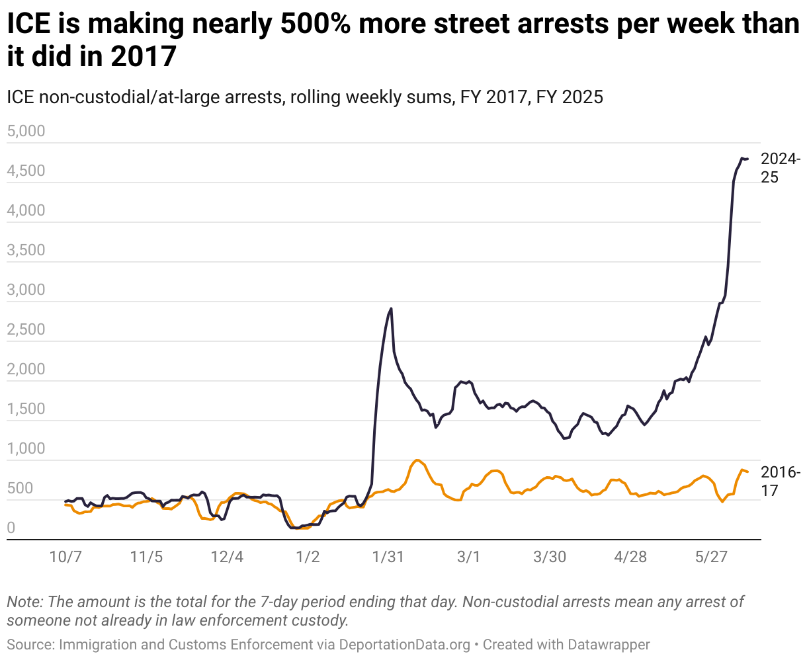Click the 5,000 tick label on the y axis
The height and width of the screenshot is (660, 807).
pos(26,131)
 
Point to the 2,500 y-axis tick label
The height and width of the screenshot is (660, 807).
pos(26,329)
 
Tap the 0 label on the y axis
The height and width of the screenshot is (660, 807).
pos(11,528)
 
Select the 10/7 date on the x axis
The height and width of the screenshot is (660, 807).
pos(65,557)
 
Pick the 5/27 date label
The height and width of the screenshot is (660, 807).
pos(710,557)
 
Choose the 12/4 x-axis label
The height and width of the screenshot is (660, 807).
pos(227,557)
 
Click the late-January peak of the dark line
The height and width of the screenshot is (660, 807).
pos(391,308)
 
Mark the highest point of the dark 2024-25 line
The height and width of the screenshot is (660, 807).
pos(742,157)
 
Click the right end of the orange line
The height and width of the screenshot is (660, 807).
pos(747,472)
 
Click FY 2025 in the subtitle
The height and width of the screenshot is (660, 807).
pos(570,97)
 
